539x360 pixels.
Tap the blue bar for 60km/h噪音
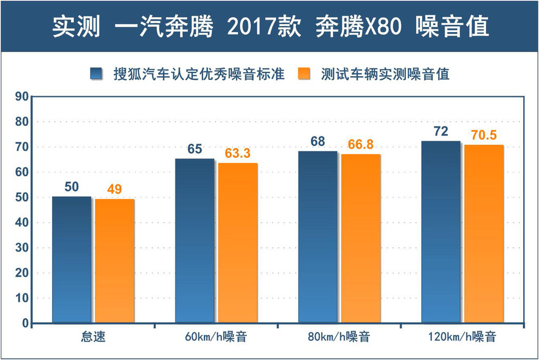[x=195, y=241]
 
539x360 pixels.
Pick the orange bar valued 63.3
[x=238, y=243]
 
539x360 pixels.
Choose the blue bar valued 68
[x=318, y=237]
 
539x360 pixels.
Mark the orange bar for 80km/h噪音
[x=361, y=238]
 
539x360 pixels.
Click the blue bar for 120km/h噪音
[x=441, y=232]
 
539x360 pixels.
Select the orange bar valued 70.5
[x=484, y=234]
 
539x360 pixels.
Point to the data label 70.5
[x=483, y=135]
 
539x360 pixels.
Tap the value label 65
[x=195, y=149]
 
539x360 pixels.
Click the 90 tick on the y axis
[x=21, y=97]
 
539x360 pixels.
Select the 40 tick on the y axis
[x=21, y=223]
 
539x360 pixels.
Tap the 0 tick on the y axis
[x=24, y=324]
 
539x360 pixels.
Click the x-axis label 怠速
[x=94, y=337]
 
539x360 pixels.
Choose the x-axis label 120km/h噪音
[x=463, y=337]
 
